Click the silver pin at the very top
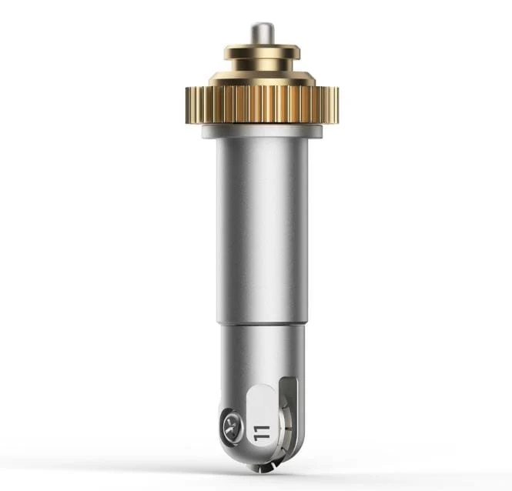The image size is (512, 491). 263,34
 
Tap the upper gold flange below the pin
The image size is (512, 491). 263,52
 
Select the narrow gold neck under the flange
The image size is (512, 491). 263,65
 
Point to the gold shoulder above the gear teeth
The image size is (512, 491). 263,78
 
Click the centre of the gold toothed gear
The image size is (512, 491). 263,105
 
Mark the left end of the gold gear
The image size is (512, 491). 187,105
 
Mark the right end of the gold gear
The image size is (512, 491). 337,105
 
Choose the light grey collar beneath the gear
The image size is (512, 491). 263,131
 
